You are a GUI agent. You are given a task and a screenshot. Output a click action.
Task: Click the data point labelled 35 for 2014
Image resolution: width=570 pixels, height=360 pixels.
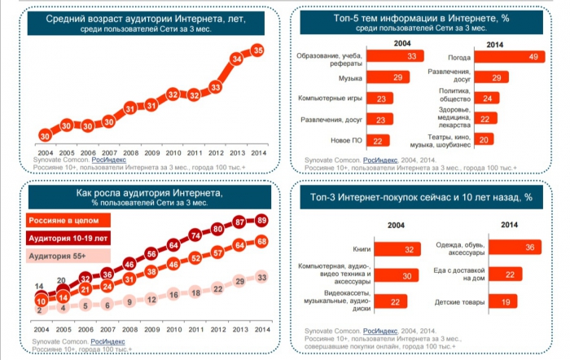coord(258,50)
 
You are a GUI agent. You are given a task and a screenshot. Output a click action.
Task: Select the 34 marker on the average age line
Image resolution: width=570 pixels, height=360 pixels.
coord(237,59)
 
